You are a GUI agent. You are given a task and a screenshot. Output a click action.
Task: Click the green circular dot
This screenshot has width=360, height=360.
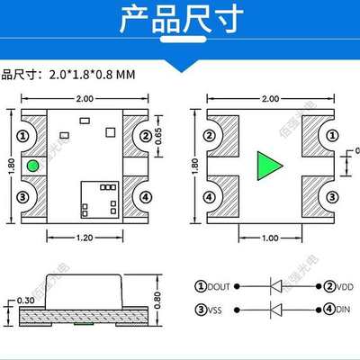click(x=32, y=165)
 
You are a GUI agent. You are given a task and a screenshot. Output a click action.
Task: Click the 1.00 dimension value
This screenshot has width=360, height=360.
click(x=269, y=238)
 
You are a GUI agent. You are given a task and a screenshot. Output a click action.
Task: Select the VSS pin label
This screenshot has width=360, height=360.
click(x=213, y=311)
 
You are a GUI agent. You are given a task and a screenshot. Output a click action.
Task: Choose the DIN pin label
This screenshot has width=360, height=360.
click(x=342, y=311)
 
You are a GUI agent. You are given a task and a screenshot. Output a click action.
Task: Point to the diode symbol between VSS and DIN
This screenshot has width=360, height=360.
click(x=279, y=311)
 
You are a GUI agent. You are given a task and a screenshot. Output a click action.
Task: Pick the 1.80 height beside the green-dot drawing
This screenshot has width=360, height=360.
click(x=10, y=166)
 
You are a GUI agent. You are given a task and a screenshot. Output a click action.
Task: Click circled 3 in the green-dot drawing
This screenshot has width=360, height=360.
click(x=25, y=196)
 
